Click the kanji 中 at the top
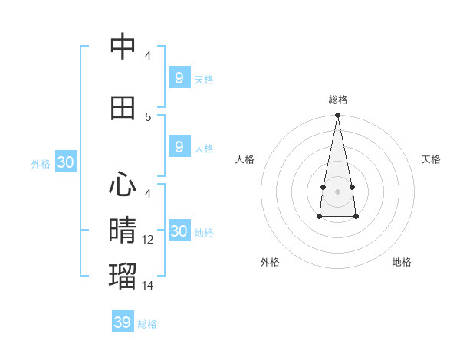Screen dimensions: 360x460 123,47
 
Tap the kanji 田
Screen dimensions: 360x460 123,107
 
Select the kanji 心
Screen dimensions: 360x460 123,184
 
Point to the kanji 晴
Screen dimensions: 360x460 123,229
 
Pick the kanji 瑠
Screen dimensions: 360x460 123,275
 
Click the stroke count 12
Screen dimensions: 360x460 149,240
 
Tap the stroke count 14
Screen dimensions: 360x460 149,286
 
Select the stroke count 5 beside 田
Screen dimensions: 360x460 149,117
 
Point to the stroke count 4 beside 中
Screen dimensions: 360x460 148,56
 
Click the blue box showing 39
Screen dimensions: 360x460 123,322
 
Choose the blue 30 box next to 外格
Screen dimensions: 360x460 65,162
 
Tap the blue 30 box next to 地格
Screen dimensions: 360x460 179,231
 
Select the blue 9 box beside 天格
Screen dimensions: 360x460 179,77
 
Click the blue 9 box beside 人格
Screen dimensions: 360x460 179,147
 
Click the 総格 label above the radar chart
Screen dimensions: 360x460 338,100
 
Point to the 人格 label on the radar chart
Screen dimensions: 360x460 245,159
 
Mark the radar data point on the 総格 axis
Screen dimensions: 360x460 337,116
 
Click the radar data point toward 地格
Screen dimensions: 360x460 356,218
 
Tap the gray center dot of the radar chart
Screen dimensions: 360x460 337,191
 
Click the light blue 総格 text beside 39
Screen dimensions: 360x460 147,324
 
